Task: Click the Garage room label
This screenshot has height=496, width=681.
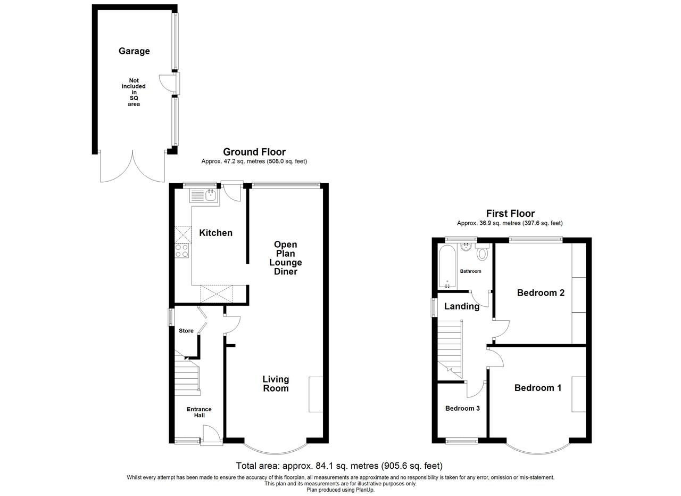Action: [x=134, y=51]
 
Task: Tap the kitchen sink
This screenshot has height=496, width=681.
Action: [x=204, y=196]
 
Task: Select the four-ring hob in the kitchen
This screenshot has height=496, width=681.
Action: [x=182, y=250]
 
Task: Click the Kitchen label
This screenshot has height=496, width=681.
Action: [x=215, y=233]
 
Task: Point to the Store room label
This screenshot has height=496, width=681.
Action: [x=186, y=331]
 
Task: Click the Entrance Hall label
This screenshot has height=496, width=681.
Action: [x=199, y=412]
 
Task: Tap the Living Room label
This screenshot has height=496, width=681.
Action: [x=276, y=384]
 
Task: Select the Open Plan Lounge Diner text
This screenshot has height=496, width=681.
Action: [x=285, y=258]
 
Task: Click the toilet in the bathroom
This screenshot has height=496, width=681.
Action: [x=483, y=253]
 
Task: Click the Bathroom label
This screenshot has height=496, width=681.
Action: [x=470, y=271]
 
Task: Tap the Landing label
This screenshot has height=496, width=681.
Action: [x=461, y=306]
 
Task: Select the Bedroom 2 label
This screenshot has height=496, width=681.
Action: [x=541, y=292]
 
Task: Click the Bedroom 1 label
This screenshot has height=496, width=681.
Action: [x=537, y=388]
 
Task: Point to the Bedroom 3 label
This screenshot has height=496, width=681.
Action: [x=462, y=409]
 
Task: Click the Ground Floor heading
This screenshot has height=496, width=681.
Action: [x=254, y=152]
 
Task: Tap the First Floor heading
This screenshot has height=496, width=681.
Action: [x=510, y=214]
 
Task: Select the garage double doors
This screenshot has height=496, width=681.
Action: [x=132, y=168]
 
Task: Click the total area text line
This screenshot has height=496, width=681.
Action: [x=339, y=466]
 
